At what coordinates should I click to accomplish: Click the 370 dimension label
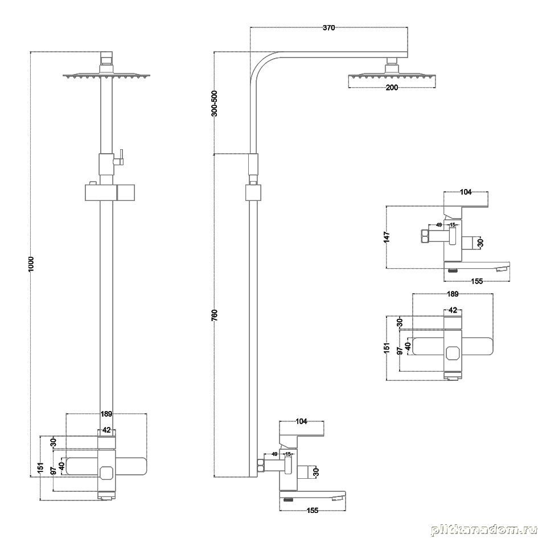click(x=328, y=27)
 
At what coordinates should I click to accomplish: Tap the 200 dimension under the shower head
click(x=392, y=87)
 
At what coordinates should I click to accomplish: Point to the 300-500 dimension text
click(x=215, y=103)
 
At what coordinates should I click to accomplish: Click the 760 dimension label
click(x=215, y=315)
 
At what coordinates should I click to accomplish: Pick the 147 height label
click(x=387, y=237)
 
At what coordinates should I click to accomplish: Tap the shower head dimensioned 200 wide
click(x=392, y=76)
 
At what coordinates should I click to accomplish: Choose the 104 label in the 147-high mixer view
click(x=466, y=192)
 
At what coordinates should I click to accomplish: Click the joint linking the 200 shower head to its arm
click(x=392, y=65)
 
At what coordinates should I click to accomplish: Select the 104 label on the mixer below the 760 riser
click(x=301, y=421)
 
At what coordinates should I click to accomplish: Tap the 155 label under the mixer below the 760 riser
click(x=312, y=511)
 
